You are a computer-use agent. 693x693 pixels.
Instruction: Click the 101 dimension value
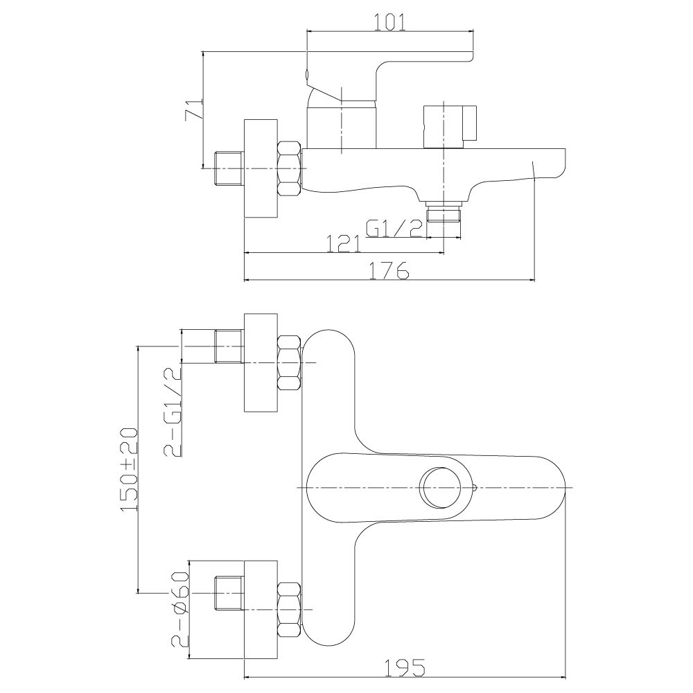click(x=389, y=21)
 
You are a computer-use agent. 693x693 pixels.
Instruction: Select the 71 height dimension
click(x=194, y=109)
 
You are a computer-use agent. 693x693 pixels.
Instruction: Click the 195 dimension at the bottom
click(x=406, y=667)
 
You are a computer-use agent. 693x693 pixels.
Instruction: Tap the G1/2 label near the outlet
click(x=394, y=228)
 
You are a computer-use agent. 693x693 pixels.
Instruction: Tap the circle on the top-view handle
click(x=444, y=487)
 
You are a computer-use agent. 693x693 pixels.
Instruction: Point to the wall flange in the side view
click(x=261, y=168)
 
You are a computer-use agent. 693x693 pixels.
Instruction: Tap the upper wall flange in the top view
click(x=261, y=362)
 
